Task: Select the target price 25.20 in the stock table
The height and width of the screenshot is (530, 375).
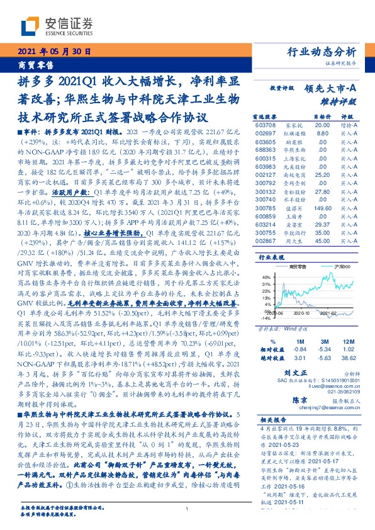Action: click(x=322, y=174)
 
